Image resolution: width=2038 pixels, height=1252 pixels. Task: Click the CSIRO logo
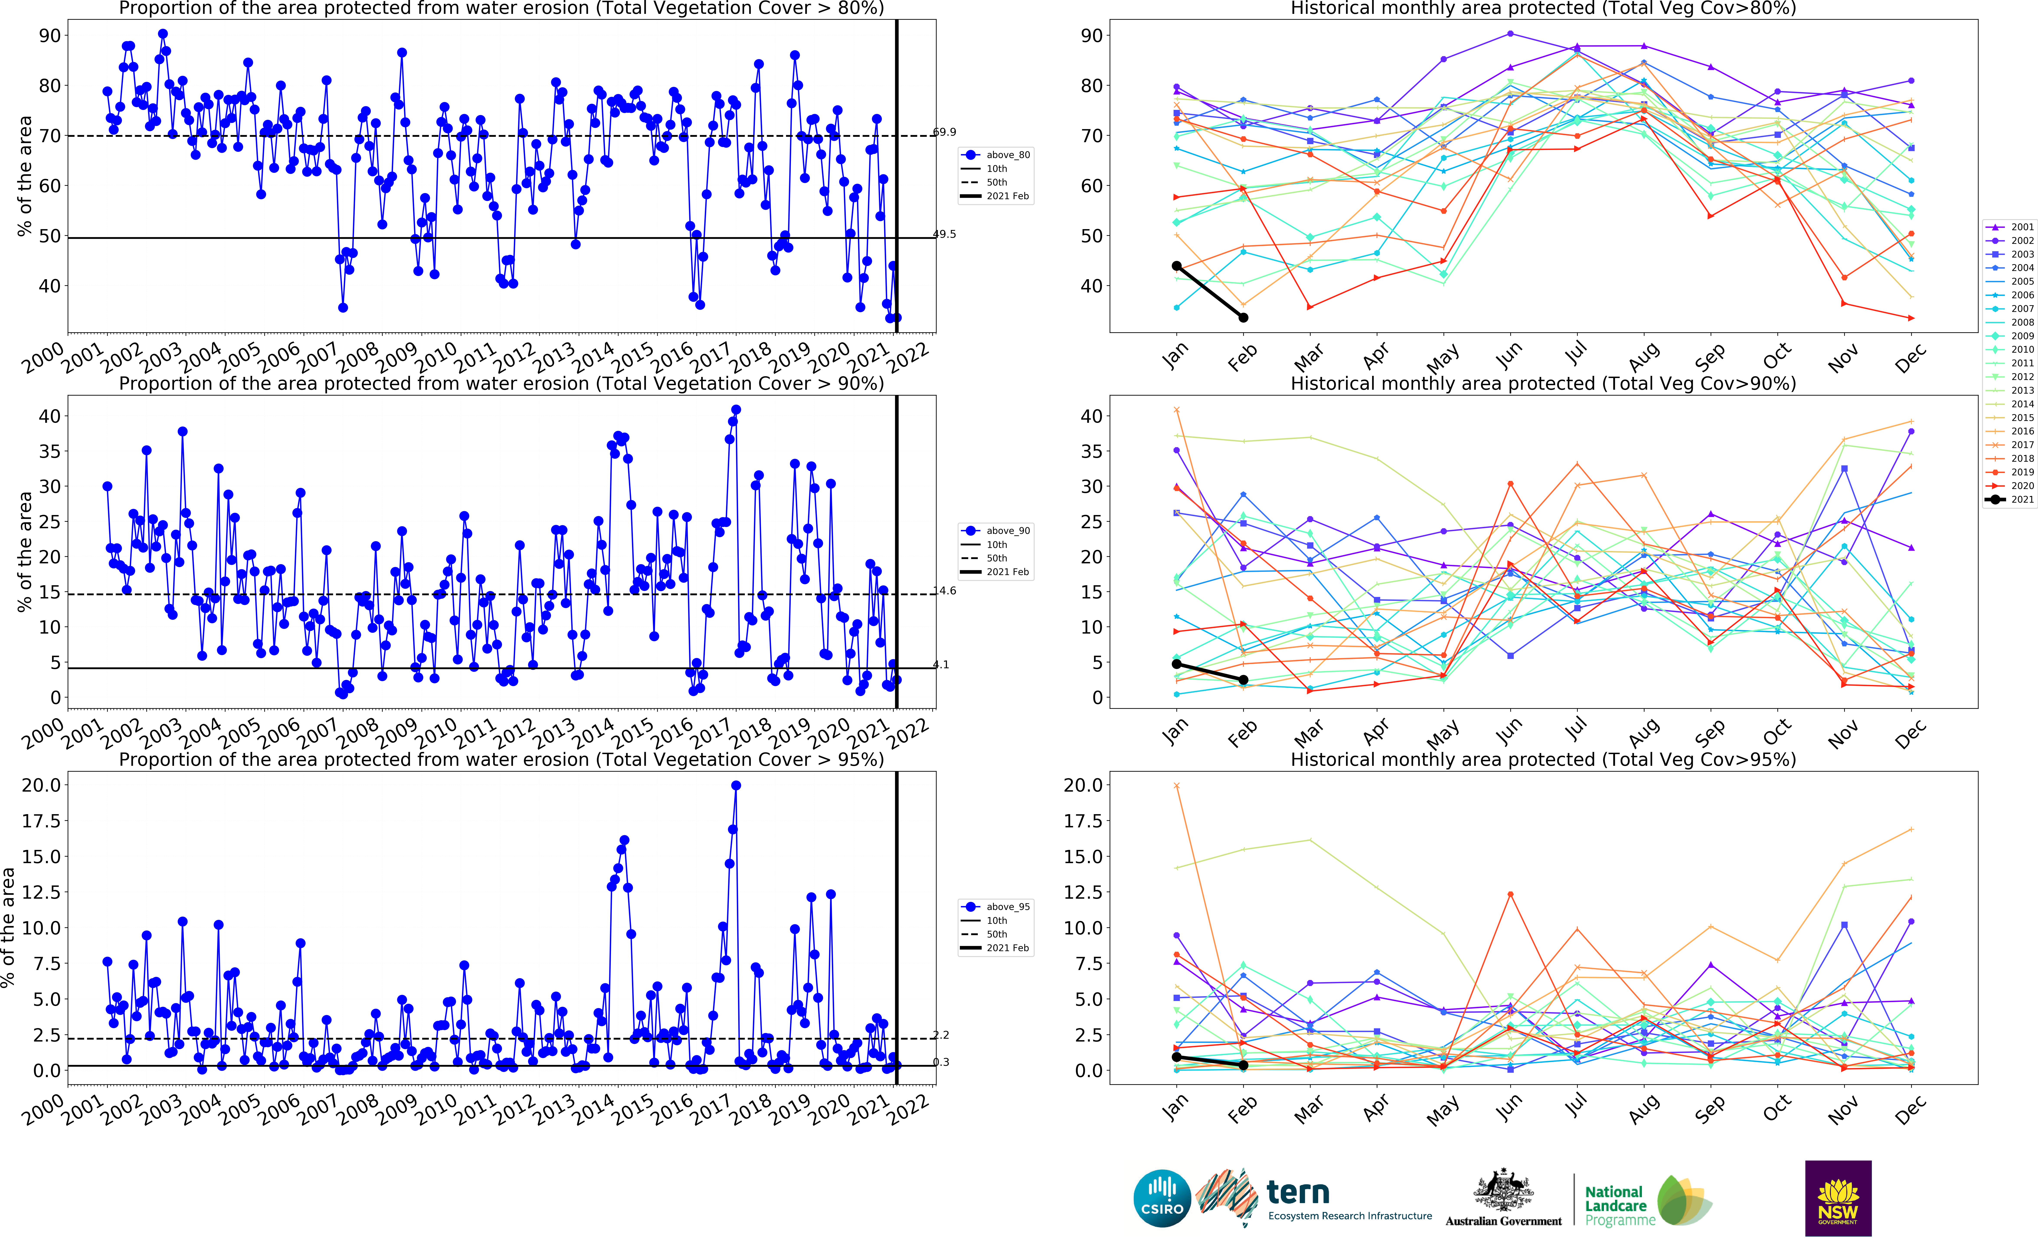pos(1162,1198)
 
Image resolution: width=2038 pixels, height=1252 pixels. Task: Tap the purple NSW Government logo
pos(1838,1198)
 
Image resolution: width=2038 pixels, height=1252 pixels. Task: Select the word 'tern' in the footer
pos(1298,1192)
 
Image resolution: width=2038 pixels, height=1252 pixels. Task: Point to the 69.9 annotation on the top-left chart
pos(944,132)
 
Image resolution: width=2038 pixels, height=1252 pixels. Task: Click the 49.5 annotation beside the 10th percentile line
pos(944,234)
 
